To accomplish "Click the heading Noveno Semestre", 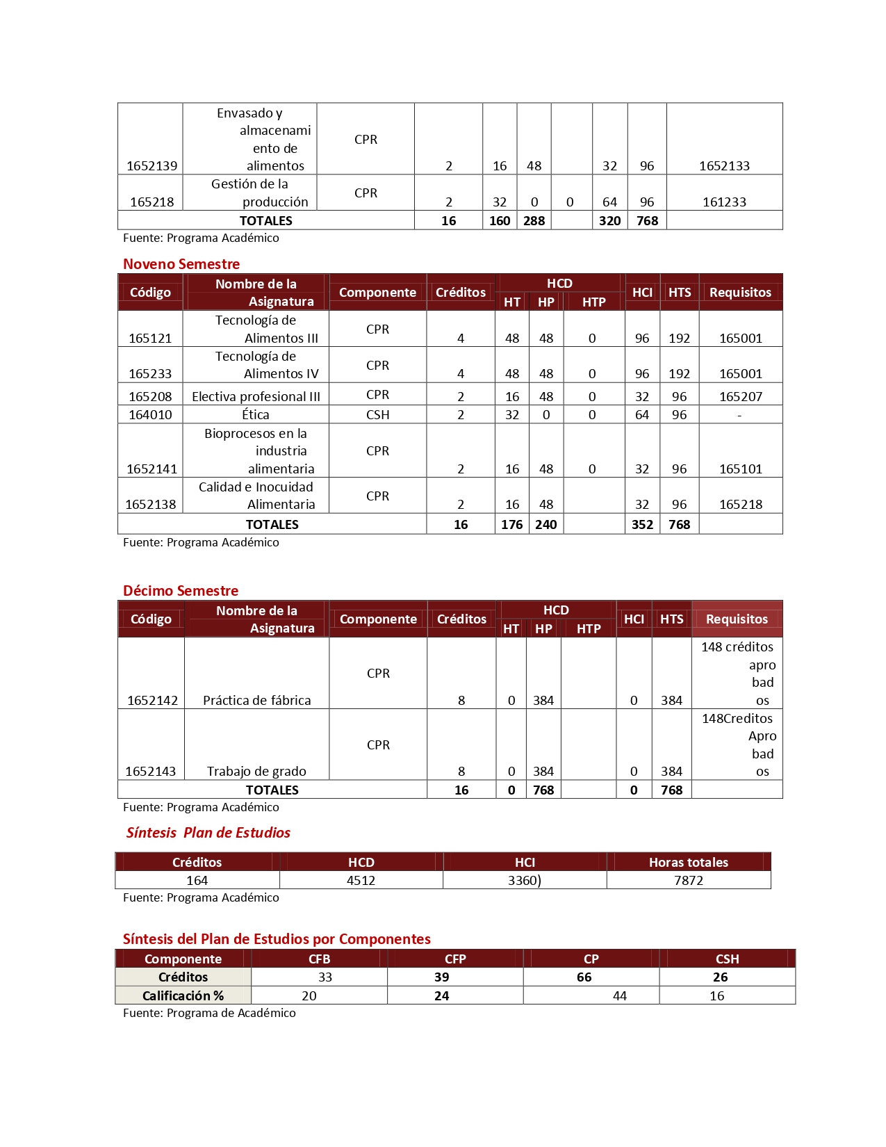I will point(181,264).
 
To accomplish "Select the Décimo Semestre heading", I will point(181,591).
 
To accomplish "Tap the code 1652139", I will point(151,165).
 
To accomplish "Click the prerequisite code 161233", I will point(724,202).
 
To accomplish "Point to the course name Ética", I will point(256,414).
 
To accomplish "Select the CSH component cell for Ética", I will point(377,414).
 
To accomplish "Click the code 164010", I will point(150,414).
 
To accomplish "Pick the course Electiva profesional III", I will point(256,396).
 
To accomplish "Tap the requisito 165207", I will point(740,396).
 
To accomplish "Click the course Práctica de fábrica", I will point(256,700).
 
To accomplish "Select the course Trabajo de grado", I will point(256,771).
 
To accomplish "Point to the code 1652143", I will point(151,771).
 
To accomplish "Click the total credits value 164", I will point(197,880).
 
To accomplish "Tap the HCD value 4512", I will point(361,880).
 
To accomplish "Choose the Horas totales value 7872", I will point(688,880).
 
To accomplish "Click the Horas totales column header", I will point(688,862).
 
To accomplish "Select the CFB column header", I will point(319,959).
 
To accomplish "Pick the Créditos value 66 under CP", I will point(584,977).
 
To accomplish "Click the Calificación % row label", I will point(183,995).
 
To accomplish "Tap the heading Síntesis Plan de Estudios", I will point(208,833).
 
